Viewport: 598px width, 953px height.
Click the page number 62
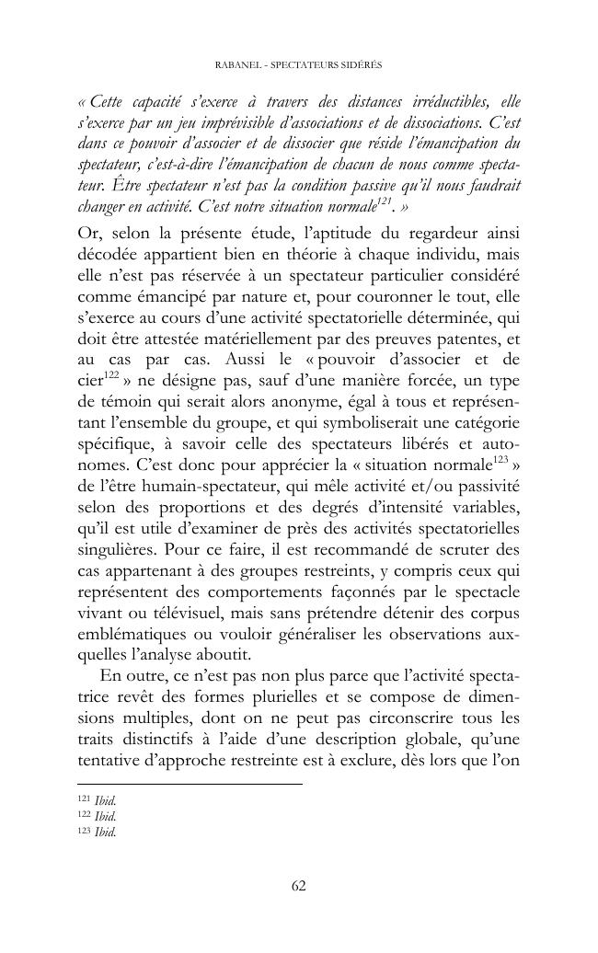pyautogui.click(x=298, y=886)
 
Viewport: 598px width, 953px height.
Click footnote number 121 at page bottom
pyautogui.click(x=83, y=801)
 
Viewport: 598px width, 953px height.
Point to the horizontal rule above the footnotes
pyautogui.click(x=189, y=784)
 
